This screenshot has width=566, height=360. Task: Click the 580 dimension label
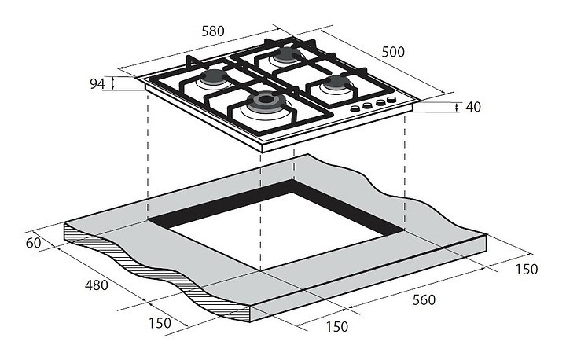coord(213,31)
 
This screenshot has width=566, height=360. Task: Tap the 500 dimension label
coord(393,52)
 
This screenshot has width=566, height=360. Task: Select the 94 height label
coord(97,84)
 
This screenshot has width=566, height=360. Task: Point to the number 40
coord(473,107)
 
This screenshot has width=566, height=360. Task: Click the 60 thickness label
coord(33,243)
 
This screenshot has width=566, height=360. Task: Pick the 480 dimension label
coord(97,285)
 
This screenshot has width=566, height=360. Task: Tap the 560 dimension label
coord(424,299)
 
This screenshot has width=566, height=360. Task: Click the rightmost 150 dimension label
coord(526,269)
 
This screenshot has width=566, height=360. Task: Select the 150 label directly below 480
coord(160,323)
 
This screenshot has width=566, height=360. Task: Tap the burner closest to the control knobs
coord(335,84)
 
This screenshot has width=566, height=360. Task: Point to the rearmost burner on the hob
coord(286,55)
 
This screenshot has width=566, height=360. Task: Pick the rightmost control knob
coord(391,99)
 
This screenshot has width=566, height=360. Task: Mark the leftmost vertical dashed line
coord(148,156)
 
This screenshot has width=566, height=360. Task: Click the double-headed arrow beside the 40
coord(457,107)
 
